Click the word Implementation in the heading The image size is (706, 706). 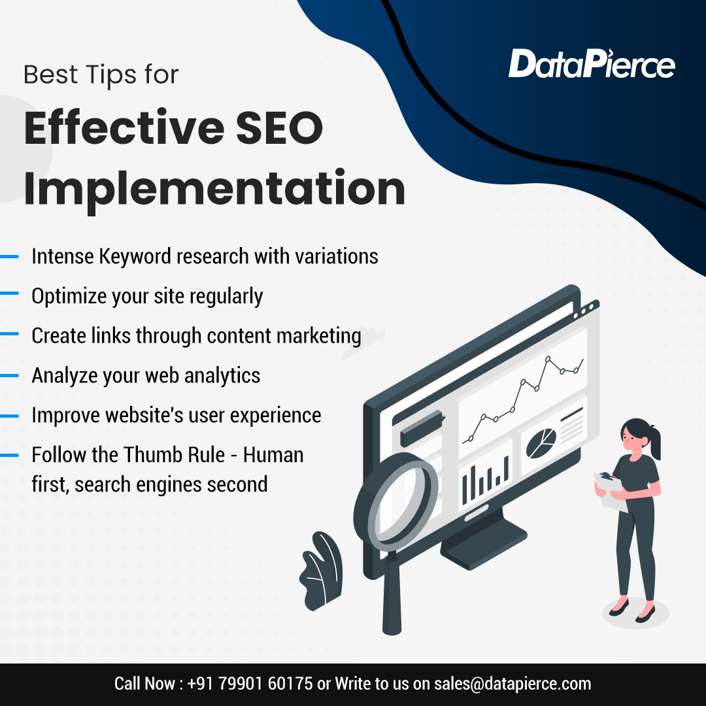pos(214,188)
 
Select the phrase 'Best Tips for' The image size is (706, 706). pos(101,75)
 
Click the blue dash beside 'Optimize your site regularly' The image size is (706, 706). pos(9,295)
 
